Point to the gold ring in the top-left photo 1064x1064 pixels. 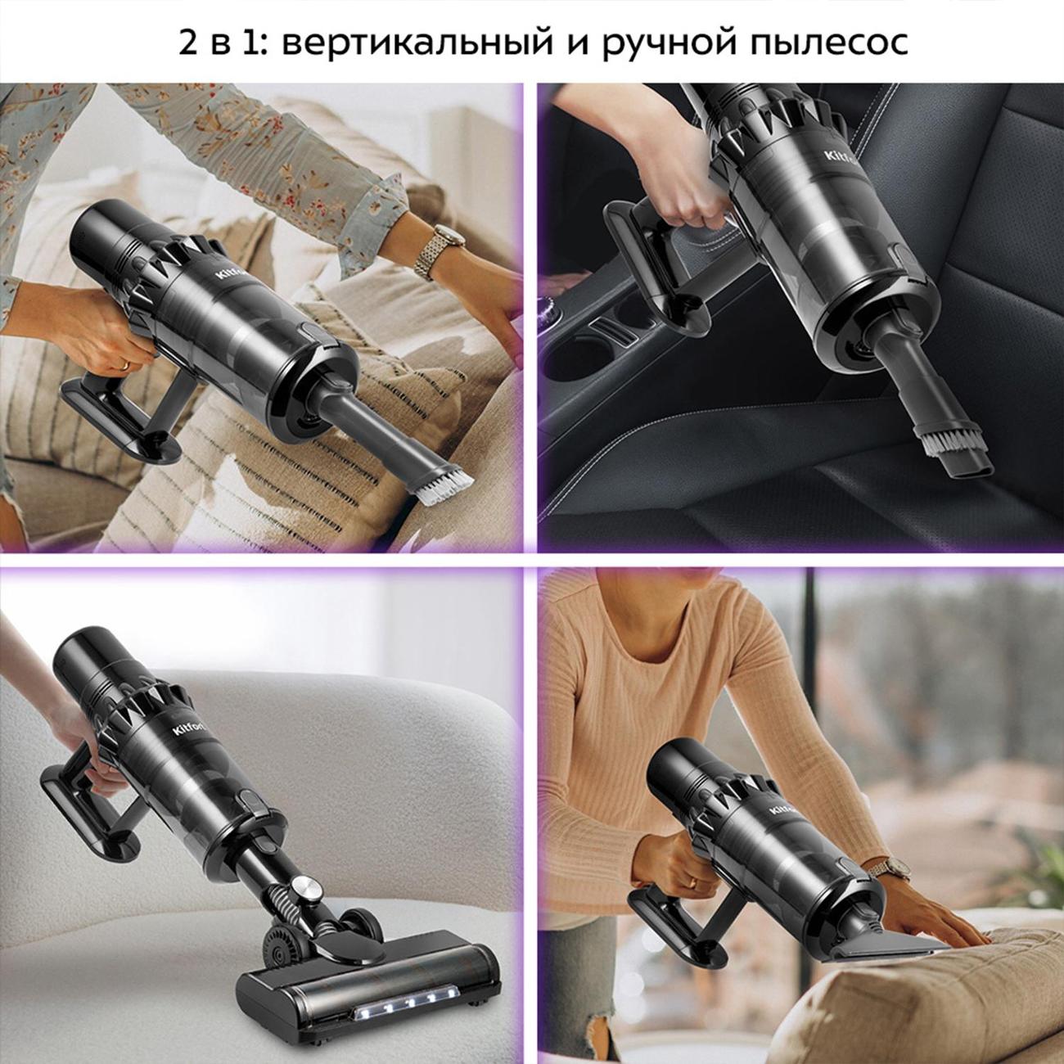coord(124,363)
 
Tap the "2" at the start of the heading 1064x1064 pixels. coord(187,43)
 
